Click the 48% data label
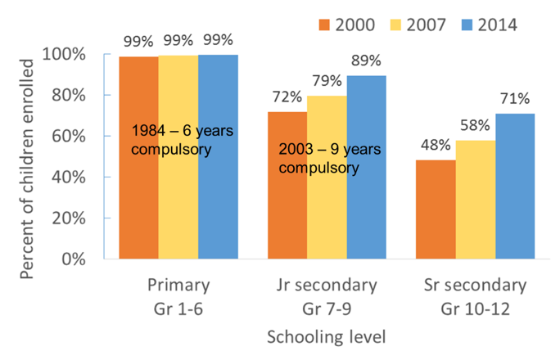pyautogui.click(x=435, y=146)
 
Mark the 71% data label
pyautogui.click(x=514, y=99)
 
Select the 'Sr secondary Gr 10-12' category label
pyautogui.click(x=475, y=296)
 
